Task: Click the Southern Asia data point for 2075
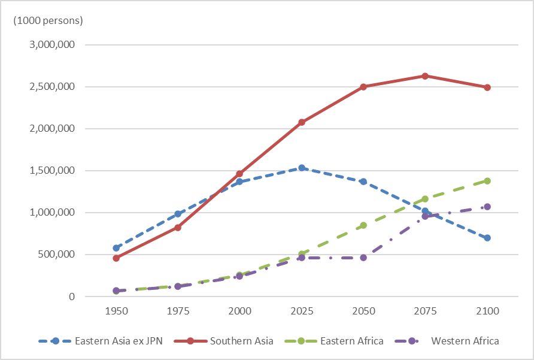pyautogui.click(x=425, y=76)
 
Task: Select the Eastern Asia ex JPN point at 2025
pyautogui.click(x=302, y=168)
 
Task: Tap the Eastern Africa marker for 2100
pyautogui.click(x=487, y=181)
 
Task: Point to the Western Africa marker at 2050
pyautogui.click(x=363, y=258)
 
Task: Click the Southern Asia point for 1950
pyautogui.click(x=116, y=258)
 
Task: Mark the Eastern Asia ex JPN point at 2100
pyautogui.click(x=487, y=238)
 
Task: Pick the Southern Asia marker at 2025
pyautogui.click(x=302, y=122)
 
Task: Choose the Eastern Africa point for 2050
pyautogui.click(x=363, y=225)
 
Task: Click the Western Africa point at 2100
pyautogui.click(x=487, y=207)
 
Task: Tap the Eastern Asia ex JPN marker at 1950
pyautogui.click(x=116, y=247)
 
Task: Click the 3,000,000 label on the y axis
pyautogui.click(x=51, y=45)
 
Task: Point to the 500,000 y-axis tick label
pyautogui.click(x=57, y=255)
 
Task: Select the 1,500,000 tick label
pyautogui.click(x=51, y=171)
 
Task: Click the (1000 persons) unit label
pyautogui.click(x=48, y=20)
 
